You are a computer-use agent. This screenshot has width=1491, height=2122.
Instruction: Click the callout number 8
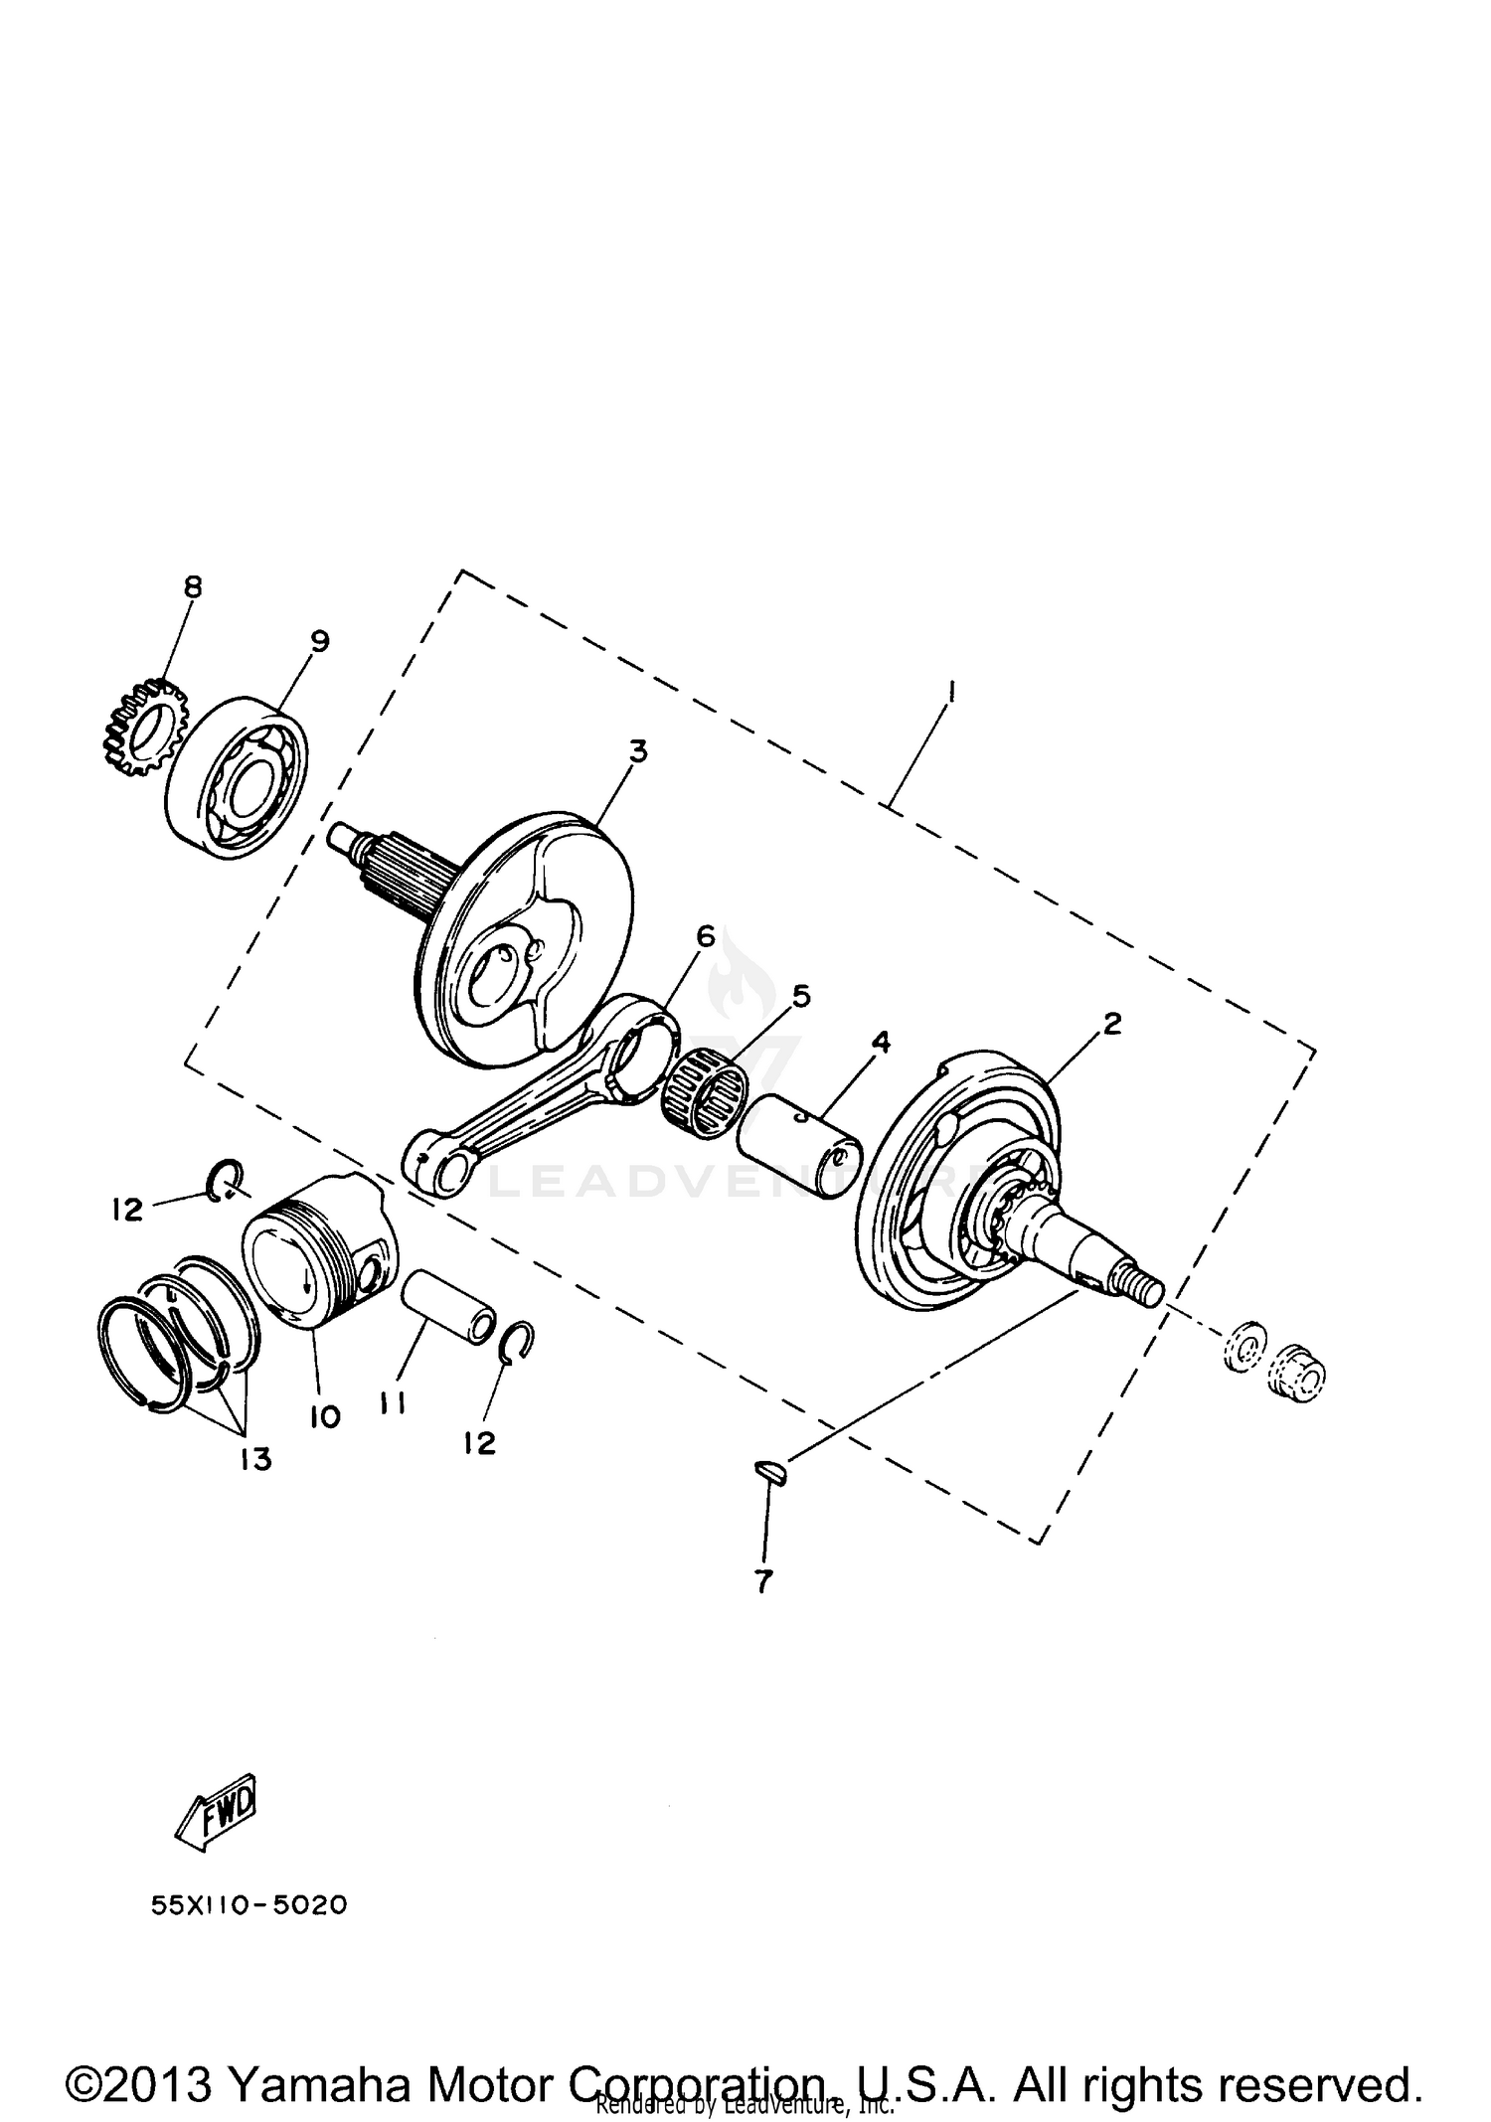point(192,587)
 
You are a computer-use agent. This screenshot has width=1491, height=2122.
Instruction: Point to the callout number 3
point(637,750)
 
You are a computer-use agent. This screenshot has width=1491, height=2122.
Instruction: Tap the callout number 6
point(705,935)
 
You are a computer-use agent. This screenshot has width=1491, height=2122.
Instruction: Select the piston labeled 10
point(318,1254)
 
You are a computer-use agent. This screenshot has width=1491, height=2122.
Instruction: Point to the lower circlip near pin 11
point(517,1343)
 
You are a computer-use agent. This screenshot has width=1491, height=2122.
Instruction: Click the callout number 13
point(255,1459)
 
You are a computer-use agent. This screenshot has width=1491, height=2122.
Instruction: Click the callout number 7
point(762,1581)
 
